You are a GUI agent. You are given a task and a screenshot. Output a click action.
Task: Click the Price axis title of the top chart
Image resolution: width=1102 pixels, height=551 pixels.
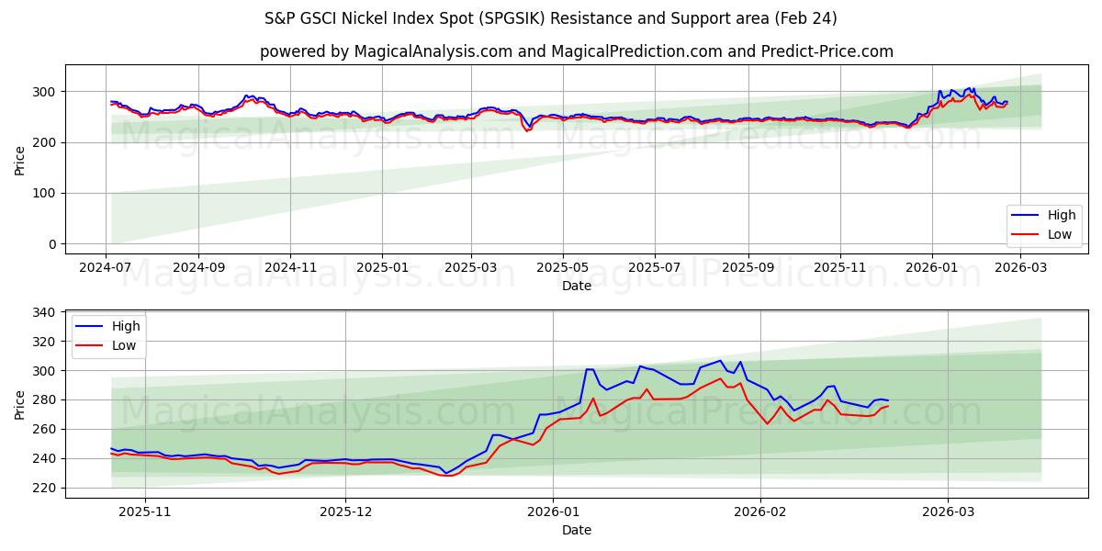(x=20, y=160)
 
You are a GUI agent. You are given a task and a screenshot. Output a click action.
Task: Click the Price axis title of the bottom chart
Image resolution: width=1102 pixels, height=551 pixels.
(x=20, y=404)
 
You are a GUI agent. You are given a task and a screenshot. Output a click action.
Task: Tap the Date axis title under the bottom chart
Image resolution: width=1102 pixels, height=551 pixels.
(x=576, y=530)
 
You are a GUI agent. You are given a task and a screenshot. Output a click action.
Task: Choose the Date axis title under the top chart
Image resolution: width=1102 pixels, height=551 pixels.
(x=576, y=286)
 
